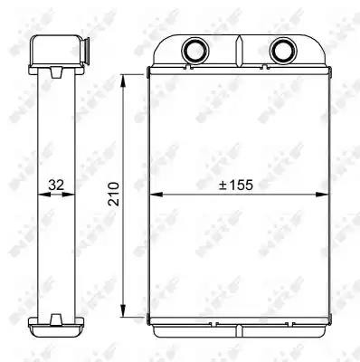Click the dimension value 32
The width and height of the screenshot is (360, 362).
point(56,185)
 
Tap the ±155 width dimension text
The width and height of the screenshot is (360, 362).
point(236,185)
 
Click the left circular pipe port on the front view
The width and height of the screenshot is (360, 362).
point(195,50)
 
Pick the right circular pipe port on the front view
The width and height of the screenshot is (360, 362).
point(283,50)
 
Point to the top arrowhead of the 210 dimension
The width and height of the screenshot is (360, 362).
point(123,81)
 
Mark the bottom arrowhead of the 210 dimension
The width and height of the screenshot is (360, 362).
point(123,310)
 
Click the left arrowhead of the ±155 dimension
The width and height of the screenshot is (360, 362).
point(156,195)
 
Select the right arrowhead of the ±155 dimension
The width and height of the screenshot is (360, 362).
point(321,195)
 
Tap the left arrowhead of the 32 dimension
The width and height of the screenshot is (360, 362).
point(43,195)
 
